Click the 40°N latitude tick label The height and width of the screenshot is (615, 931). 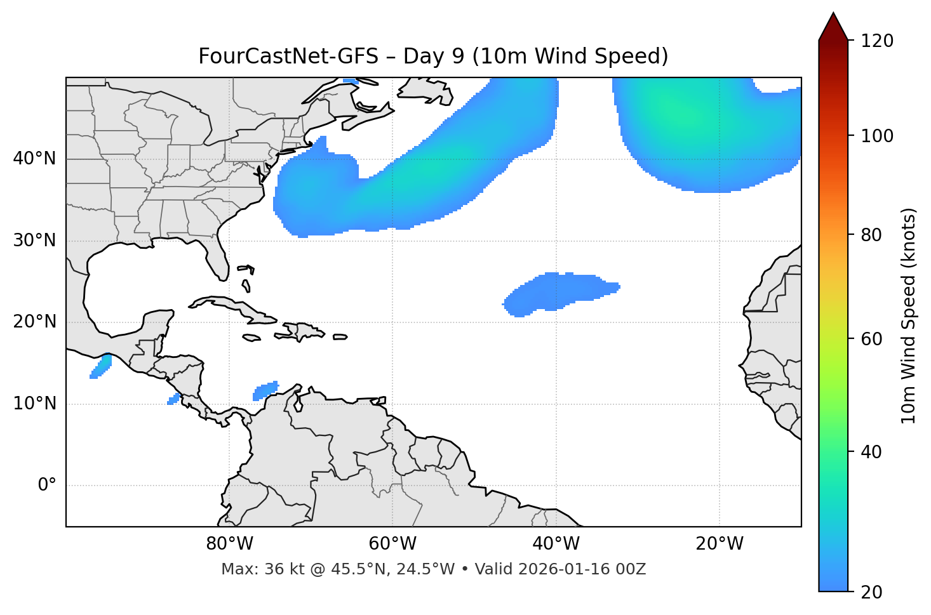pos(34,159)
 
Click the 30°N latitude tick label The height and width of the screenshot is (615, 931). pos(34,241)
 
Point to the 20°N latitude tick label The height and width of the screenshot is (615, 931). pos(34,322)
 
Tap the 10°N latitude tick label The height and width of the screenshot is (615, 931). pos(34,404)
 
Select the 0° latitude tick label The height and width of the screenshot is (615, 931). pos(47,486)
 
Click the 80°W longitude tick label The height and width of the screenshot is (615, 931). pos(229,544)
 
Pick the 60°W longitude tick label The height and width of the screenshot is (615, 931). pos(392,544)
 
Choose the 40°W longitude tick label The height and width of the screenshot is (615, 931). pos(556,544)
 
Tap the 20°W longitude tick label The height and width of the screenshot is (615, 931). pos(720,544)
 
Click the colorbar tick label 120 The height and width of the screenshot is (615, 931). pos(877,41)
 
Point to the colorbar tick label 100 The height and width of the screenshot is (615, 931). pos(877,136)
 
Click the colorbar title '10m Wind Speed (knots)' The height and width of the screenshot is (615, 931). pos(909,315)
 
